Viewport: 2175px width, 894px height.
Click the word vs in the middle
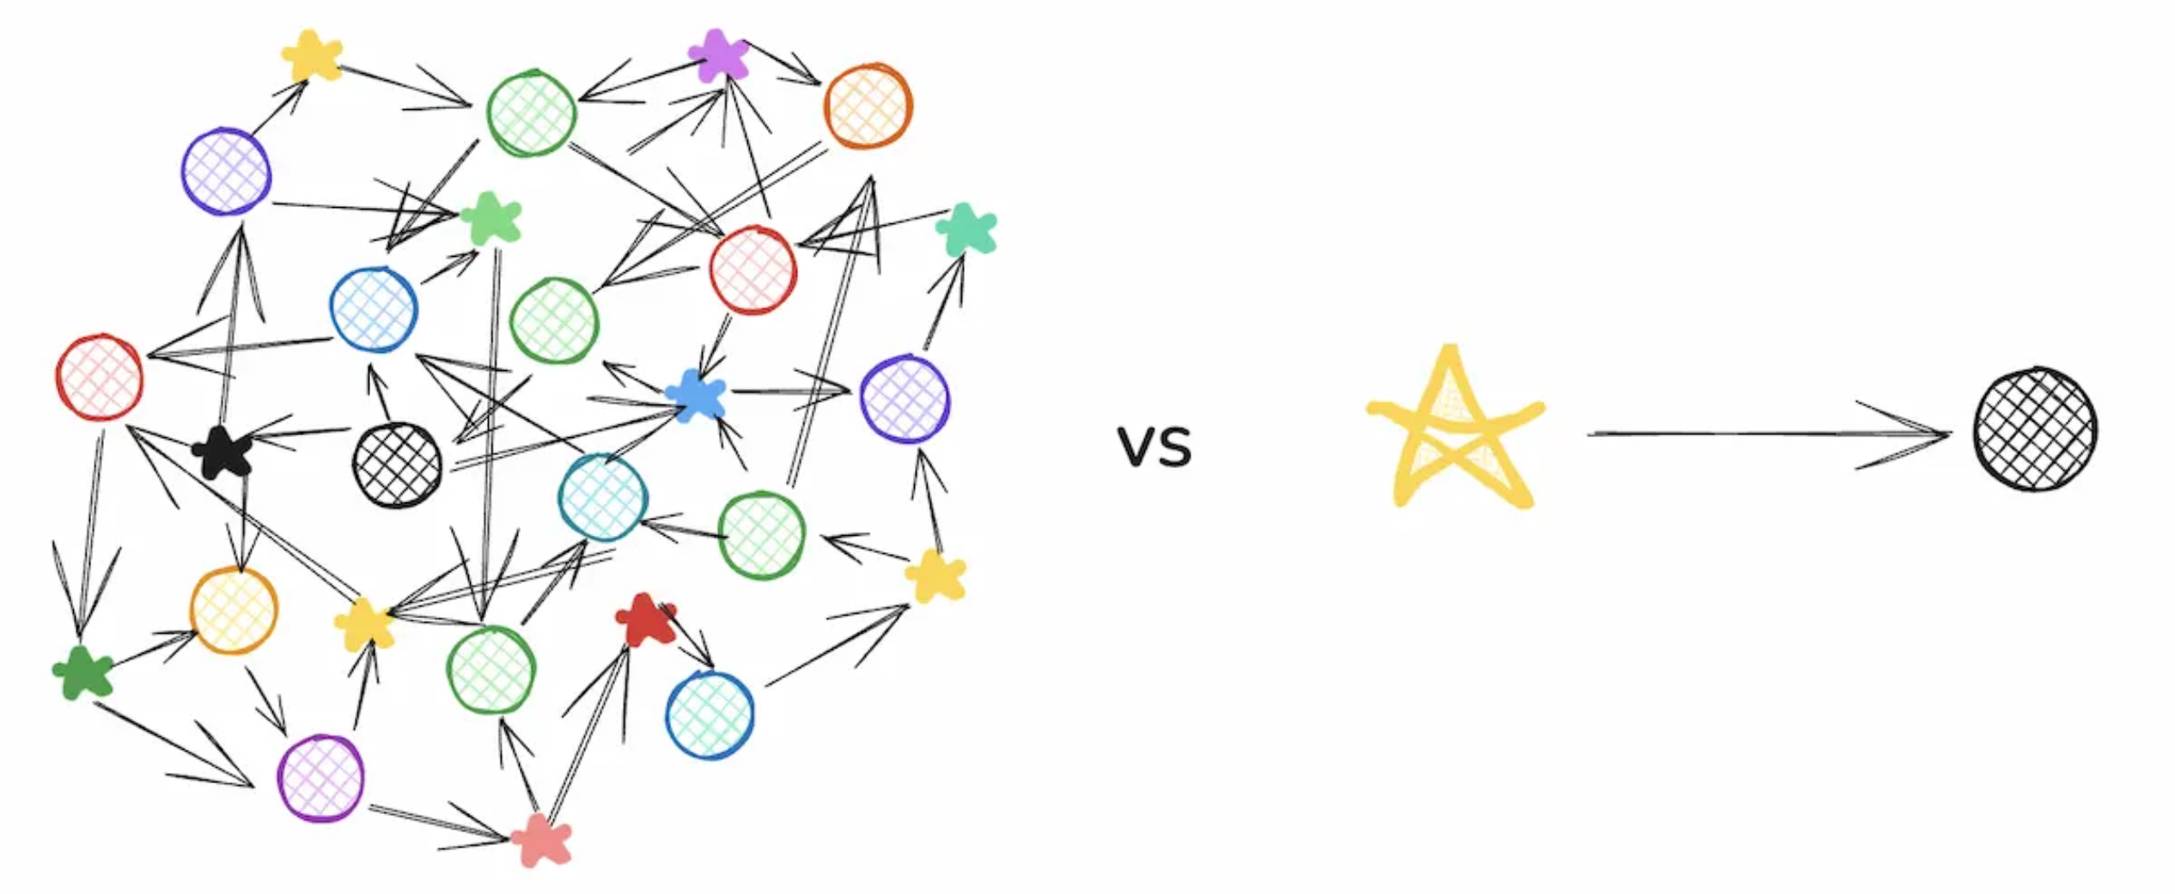point(1155,447)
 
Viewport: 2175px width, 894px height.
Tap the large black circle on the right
point(2034,429)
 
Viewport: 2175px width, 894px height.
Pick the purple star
point(718,56)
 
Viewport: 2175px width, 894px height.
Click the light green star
point(491,218)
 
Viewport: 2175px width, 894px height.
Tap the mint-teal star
point(966,229)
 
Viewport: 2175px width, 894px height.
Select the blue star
point(696,395)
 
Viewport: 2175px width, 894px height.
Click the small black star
point(223,453)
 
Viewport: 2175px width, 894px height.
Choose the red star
point(644,619)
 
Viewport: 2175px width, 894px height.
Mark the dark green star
point(82,672)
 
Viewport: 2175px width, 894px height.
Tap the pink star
point(541,841)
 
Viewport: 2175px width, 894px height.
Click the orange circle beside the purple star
point(868,106)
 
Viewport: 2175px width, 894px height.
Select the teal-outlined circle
point(602,497)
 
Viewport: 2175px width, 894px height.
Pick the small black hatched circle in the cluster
point(397,465)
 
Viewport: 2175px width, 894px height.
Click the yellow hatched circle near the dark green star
point(234,611)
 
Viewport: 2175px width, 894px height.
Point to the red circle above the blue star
point(752,270)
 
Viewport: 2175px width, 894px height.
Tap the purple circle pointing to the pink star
point(320,778)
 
